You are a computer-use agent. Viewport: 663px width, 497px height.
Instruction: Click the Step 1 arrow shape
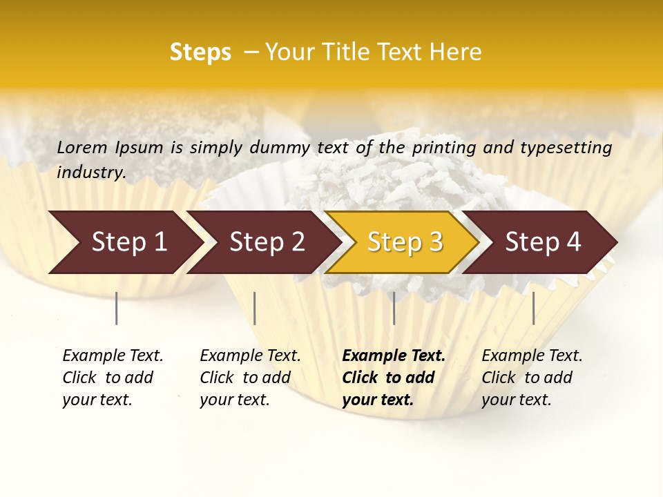tap(124, 242)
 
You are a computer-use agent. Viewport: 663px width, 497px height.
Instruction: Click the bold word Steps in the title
tap(200, 52)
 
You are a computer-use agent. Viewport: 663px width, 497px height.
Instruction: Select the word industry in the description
tap(91, 173)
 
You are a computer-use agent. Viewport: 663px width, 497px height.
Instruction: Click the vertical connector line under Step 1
tap(116, 308)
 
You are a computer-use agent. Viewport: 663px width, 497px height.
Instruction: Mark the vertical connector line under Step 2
tap(255, 308)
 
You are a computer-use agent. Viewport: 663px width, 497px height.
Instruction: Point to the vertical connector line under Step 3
tap(394, 308)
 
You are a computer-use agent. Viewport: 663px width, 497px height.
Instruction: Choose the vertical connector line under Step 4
tap(533, 308)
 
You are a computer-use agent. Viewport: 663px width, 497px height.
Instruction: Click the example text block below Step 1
tap(113, 378)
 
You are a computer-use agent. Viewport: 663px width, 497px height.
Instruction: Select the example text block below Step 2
tap(250, 378)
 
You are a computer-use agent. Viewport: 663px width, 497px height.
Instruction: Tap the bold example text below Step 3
tap(394, 378)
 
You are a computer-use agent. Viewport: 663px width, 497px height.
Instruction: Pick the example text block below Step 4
tap(532, 378)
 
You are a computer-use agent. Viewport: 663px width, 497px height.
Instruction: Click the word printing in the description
tap(441, 148)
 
